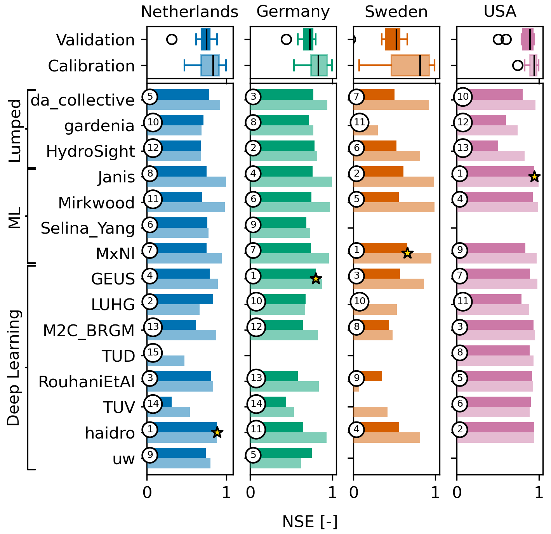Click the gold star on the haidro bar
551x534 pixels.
[x=217, y=432]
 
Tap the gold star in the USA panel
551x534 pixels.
[x=534, y=177]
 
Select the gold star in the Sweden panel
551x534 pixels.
[x=407, y=253]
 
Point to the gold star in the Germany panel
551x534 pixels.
[x=316, y=278]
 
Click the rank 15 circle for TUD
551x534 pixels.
[x=153, y=352]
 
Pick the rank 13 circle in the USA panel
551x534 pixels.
[x=463, y=148]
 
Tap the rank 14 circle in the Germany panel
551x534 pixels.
[x=256, y=404]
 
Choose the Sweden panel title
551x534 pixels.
[x=396, y=12]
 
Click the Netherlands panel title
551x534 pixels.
[x=189, y=12]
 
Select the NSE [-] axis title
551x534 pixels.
[x=309, y=522]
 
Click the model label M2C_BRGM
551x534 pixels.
[x=89, y=331]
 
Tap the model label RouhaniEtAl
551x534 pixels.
[x=87, y=382]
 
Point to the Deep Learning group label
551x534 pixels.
[x=14, y=368]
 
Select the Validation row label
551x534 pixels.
[x=96, y=40]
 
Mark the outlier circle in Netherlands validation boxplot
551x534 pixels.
[x=172, y=39]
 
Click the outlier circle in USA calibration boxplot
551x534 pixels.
[x=518, y=65]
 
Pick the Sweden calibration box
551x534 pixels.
[x=410, y=65]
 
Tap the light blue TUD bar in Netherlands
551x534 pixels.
[x=165, y=361]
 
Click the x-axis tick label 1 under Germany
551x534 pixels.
[x=332, y=493]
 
